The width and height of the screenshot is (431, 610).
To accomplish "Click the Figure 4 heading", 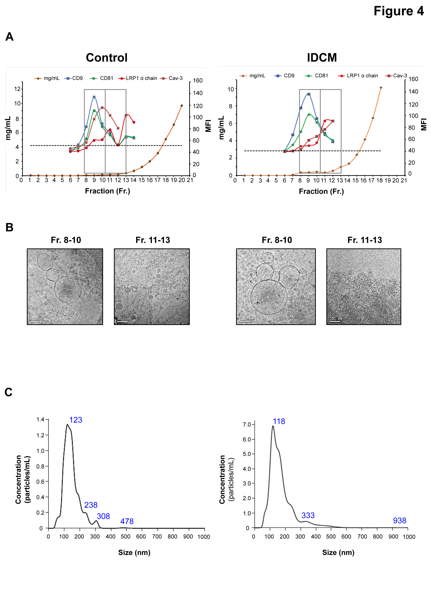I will [398, 11].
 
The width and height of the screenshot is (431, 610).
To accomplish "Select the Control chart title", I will [107, 58].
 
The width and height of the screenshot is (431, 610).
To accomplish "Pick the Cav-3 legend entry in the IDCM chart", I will [396, 76].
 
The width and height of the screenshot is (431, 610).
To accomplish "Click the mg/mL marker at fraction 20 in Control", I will [182, 106].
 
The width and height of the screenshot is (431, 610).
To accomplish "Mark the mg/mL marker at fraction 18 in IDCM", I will [381, 88].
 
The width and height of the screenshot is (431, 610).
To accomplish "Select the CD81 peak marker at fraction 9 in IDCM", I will [309, 115].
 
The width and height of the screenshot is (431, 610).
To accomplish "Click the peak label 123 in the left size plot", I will [76, 420].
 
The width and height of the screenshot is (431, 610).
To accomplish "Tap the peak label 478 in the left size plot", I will [127, 521].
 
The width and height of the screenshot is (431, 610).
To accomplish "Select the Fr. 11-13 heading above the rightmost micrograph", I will [365, 240].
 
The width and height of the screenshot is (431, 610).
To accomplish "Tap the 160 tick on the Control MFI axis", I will [198, 81].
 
